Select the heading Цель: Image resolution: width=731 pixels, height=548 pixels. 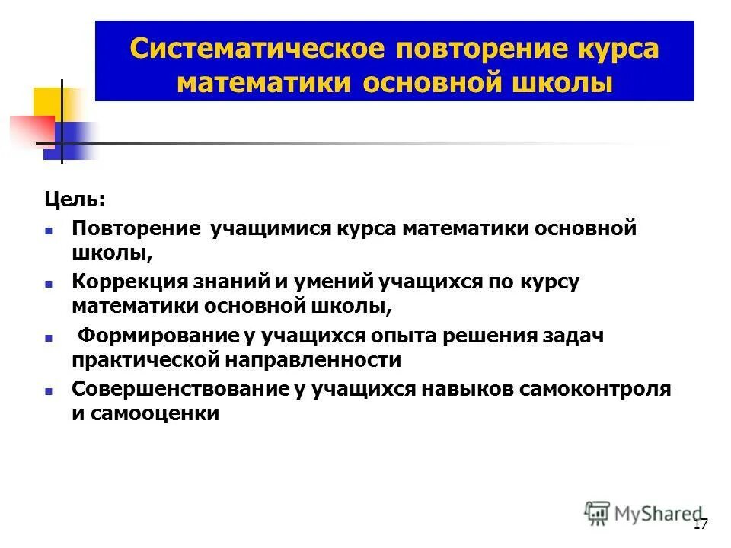click(74, 199)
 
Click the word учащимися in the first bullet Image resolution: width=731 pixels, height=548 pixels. click(273, 229)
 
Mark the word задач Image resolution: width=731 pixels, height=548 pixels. click(572, 336)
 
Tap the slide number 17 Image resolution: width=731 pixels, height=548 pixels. click(701, 524)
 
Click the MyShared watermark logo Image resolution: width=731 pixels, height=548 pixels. click(643, 513)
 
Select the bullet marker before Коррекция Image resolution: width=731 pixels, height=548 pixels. click(48, 282)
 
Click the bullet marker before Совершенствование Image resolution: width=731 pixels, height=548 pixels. click(48, 390)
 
